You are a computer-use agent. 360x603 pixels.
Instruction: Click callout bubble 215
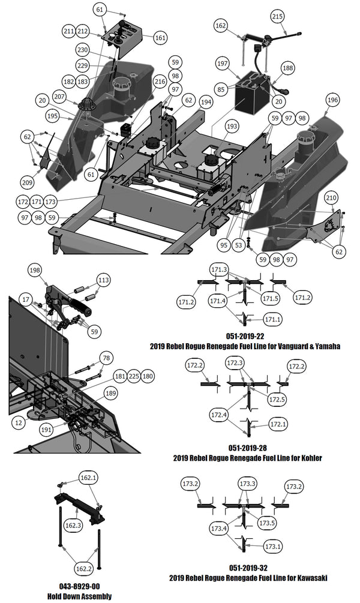(x=277, y=16)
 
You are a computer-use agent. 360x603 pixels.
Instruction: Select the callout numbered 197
(x=223, y=63)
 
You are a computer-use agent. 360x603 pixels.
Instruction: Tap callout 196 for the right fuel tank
(x=332, y=99)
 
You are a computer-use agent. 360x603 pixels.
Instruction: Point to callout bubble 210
(x=331, y=197)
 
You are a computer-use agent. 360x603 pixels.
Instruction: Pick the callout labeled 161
(x=160, y=37)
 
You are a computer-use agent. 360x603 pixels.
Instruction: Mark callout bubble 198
(x=35, y=271)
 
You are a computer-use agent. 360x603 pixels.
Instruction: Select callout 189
(x=110, y=393)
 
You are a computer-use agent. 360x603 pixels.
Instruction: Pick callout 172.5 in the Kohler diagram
(x=277, y=398)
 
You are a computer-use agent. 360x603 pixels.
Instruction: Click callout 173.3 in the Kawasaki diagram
(x=248, y=484)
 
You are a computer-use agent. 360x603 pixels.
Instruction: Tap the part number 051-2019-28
(x=247, y=448)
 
